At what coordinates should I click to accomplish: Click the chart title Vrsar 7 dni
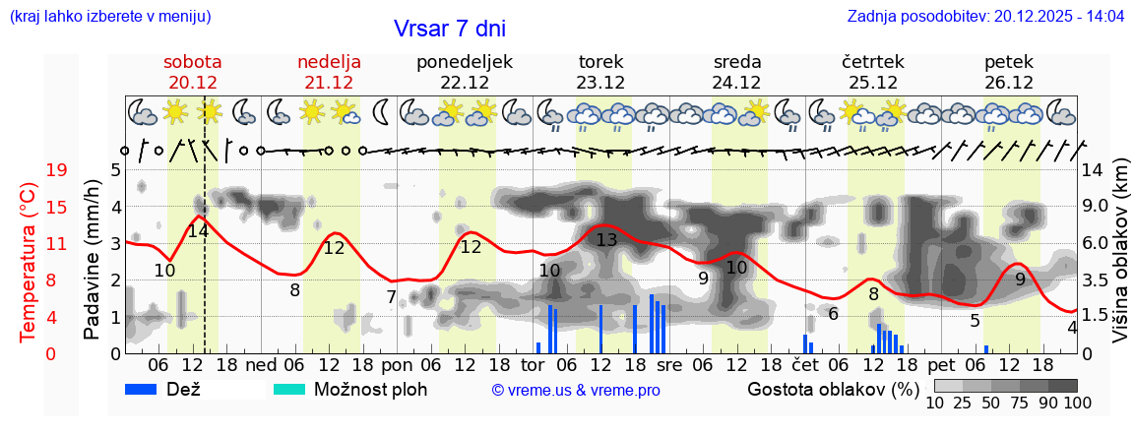point(450,29)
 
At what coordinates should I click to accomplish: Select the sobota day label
point(192,61)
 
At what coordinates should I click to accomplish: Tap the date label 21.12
point(329,82)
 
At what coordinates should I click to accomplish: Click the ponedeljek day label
point(465,61)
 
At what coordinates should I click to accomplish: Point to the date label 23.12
point(600,82)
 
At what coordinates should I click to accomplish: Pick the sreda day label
point(737,61)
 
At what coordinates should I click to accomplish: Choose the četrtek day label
point(873,61)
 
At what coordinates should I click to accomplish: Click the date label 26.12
point(1009,82)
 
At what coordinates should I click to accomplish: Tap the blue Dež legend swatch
point(148,389)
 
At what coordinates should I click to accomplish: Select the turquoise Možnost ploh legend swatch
point(289,389)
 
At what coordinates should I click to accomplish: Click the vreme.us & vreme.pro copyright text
point(576,390)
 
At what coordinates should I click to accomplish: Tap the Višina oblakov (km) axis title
point(1120,261)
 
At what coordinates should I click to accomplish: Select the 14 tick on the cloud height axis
point(1094,170)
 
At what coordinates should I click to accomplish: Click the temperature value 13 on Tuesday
point(606,240)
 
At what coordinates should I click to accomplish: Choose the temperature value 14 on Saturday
point(198,231)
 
